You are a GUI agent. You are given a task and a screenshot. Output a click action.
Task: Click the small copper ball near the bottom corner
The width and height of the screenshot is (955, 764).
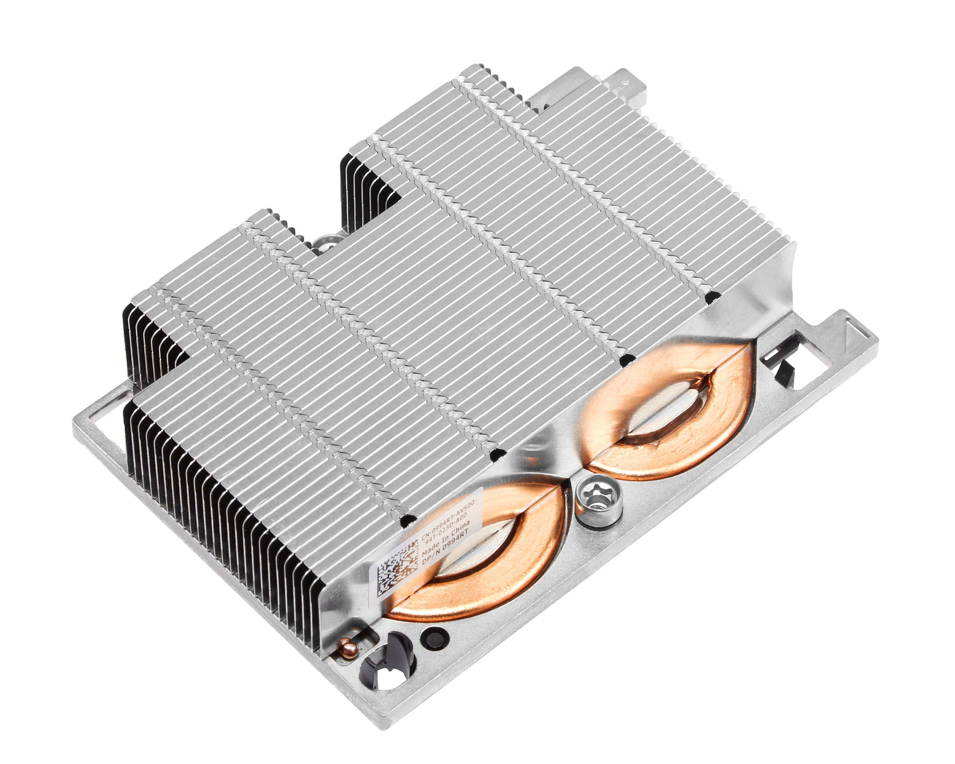(x=346, y=646)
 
